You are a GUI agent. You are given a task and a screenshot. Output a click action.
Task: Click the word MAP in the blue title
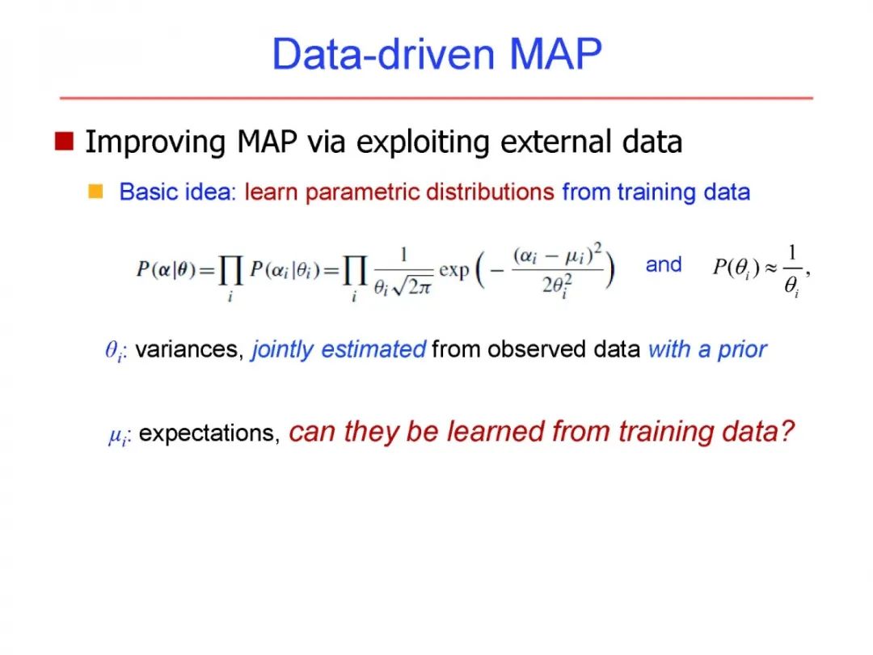[555, 54]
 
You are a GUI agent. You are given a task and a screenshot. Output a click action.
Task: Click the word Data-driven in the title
[384, 54]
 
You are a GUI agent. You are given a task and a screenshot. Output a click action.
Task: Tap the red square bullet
[64, 141]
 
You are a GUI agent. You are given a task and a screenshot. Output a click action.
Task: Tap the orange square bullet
[95, 191]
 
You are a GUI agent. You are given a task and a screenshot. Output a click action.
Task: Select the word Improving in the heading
[155, 142]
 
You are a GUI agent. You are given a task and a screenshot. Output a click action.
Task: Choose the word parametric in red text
[362, 192]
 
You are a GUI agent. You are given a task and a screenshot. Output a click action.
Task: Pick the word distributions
[490, 192]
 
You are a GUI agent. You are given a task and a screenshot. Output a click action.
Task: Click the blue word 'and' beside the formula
[663, 264]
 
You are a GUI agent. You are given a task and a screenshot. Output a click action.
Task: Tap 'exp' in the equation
[453, 270]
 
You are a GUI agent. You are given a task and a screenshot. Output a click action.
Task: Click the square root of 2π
[412, 286]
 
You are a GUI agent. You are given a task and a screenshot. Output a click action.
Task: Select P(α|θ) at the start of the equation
[167, 269]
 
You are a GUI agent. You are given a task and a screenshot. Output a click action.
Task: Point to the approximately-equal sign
[770, 268]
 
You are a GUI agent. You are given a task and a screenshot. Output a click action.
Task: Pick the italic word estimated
[373, 350]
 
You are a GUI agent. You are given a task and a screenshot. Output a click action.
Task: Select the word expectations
[209, 433]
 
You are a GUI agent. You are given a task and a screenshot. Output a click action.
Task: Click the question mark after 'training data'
[787, 431]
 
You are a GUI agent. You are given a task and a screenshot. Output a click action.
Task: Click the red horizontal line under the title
[436, 98]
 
